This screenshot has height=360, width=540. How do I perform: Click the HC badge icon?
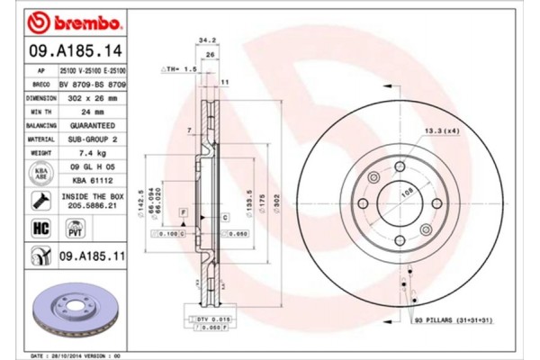pos(40,229)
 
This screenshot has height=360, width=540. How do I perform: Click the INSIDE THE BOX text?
pos(90,194)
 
